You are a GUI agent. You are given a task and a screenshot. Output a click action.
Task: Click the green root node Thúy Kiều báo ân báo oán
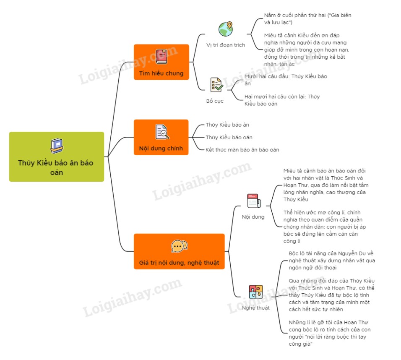[x=57, y=157]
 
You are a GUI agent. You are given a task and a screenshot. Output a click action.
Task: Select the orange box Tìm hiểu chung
[x=161, y=62]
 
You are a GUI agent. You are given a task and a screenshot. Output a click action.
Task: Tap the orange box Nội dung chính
[x=161, y=138]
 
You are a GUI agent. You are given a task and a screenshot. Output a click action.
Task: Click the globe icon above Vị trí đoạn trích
[x=225, y=29]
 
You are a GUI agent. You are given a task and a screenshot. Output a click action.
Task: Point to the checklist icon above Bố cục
[x=216, y=85]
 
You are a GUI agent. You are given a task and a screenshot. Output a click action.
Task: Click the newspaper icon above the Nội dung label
[x=253, y=201]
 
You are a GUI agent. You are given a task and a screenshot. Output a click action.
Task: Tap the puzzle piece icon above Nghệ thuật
[x=255, y=292]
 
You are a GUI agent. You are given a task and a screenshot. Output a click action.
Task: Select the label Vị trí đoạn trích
[x=226, y=44]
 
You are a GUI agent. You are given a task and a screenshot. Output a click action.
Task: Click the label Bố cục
[x=215, y=101]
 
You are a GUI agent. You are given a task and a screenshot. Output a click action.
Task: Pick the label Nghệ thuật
[x=256, y=308]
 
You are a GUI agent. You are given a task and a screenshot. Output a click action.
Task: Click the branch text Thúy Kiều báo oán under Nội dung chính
[x=229, y=137]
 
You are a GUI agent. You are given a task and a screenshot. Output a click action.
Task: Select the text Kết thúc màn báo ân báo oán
[x=242, y=149]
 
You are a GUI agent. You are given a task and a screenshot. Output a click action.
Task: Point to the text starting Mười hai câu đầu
[x=286, y=80]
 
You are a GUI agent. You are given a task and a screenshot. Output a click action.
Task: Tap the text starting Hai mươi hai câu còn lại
[x=282, y=100]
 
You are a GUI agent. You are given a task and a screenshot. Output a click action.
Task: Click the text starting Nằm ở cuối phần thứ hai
[x=307, y=18]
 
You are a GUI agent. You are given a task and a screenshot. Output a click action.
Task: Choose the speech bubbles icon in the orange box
[x=179, y=246]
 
